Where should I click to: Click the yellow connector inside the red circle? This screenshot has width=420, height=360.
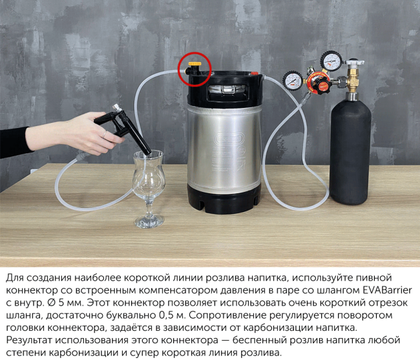point(194,66)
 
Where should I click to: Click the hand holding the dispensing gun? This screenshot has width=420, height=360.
point(85,133)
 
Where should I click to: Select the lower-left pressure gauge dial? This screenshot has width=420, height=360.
point(292,80)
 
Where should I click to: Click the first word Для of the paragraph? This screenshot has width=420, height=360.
point(14,276)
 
